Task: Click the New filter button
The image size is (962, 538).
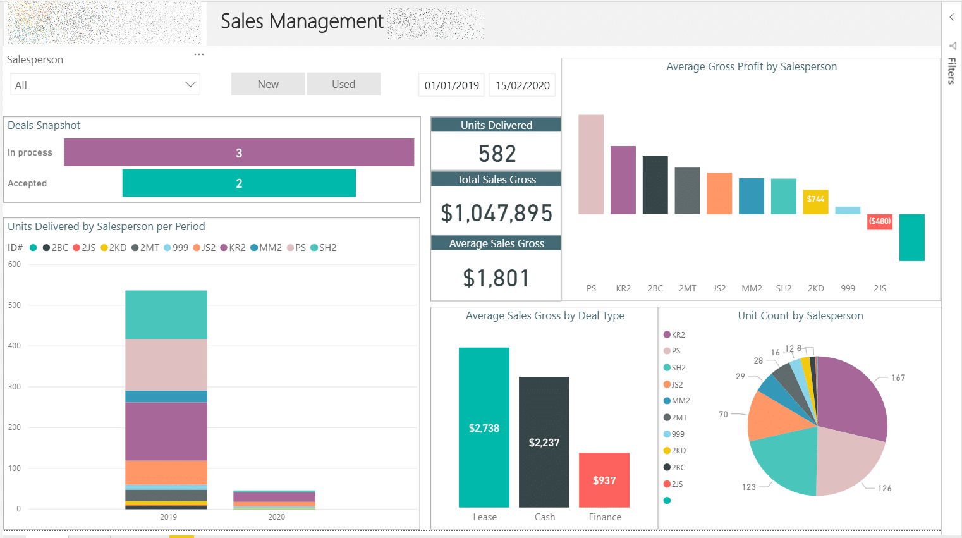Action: pyautogui.click(x=268, y=84)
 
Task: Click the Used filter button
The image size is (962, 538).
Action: pyautogui.click(x=343, y=84)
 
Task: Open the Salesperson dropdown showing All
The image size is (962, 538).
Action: pyautogui.click(x=105, y=85)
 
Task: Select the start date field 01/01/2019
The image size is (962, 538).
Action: pyautogui.click(x=451, y=85)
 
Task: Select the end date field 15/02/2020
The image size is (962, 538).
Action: pyautogui.click(x=522, y=85)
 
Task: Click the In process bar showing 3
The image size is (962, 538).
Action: pyautogui.click(x=239, y=152)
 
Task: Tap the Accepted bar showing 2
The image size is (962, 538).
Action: pyautogui.click(x=239, y=183)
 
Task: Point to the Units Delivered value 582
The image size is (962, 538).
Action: pyautogui.click(x=497, y=154)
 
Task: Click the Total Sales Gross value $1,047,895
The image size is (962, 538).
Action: pyautogui.click(x=497, y=213)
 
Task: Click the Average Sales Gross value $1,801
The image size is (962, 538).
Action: pyautogui.click(x=497, y=278)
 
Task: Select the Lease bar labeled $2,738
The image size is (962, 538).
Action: pyautogui.click(x=484, y=427)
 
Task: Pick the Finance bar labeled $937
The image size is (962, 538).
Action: pyautogui.click(x=604, y=480)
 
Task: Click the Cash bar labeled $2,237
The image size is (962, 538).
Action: pyautogui.click(x=544, y=442)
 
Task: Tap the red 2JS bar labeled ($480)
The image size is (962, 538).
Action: pyautogui.click(x=879, y=222)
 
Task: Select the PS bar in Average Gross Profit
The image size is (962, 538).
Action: pyautogui.click(x=591, y=164)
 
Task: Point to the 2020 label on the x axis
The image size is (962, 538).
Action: pyautogui.click(x=276, y=517)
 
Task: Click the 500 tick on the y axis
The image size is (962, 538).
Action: pyautogui.click(x=15, y=305)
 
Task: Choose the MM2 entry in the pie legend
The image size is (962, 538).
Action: pyautogui.click(x=680, y=401)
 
